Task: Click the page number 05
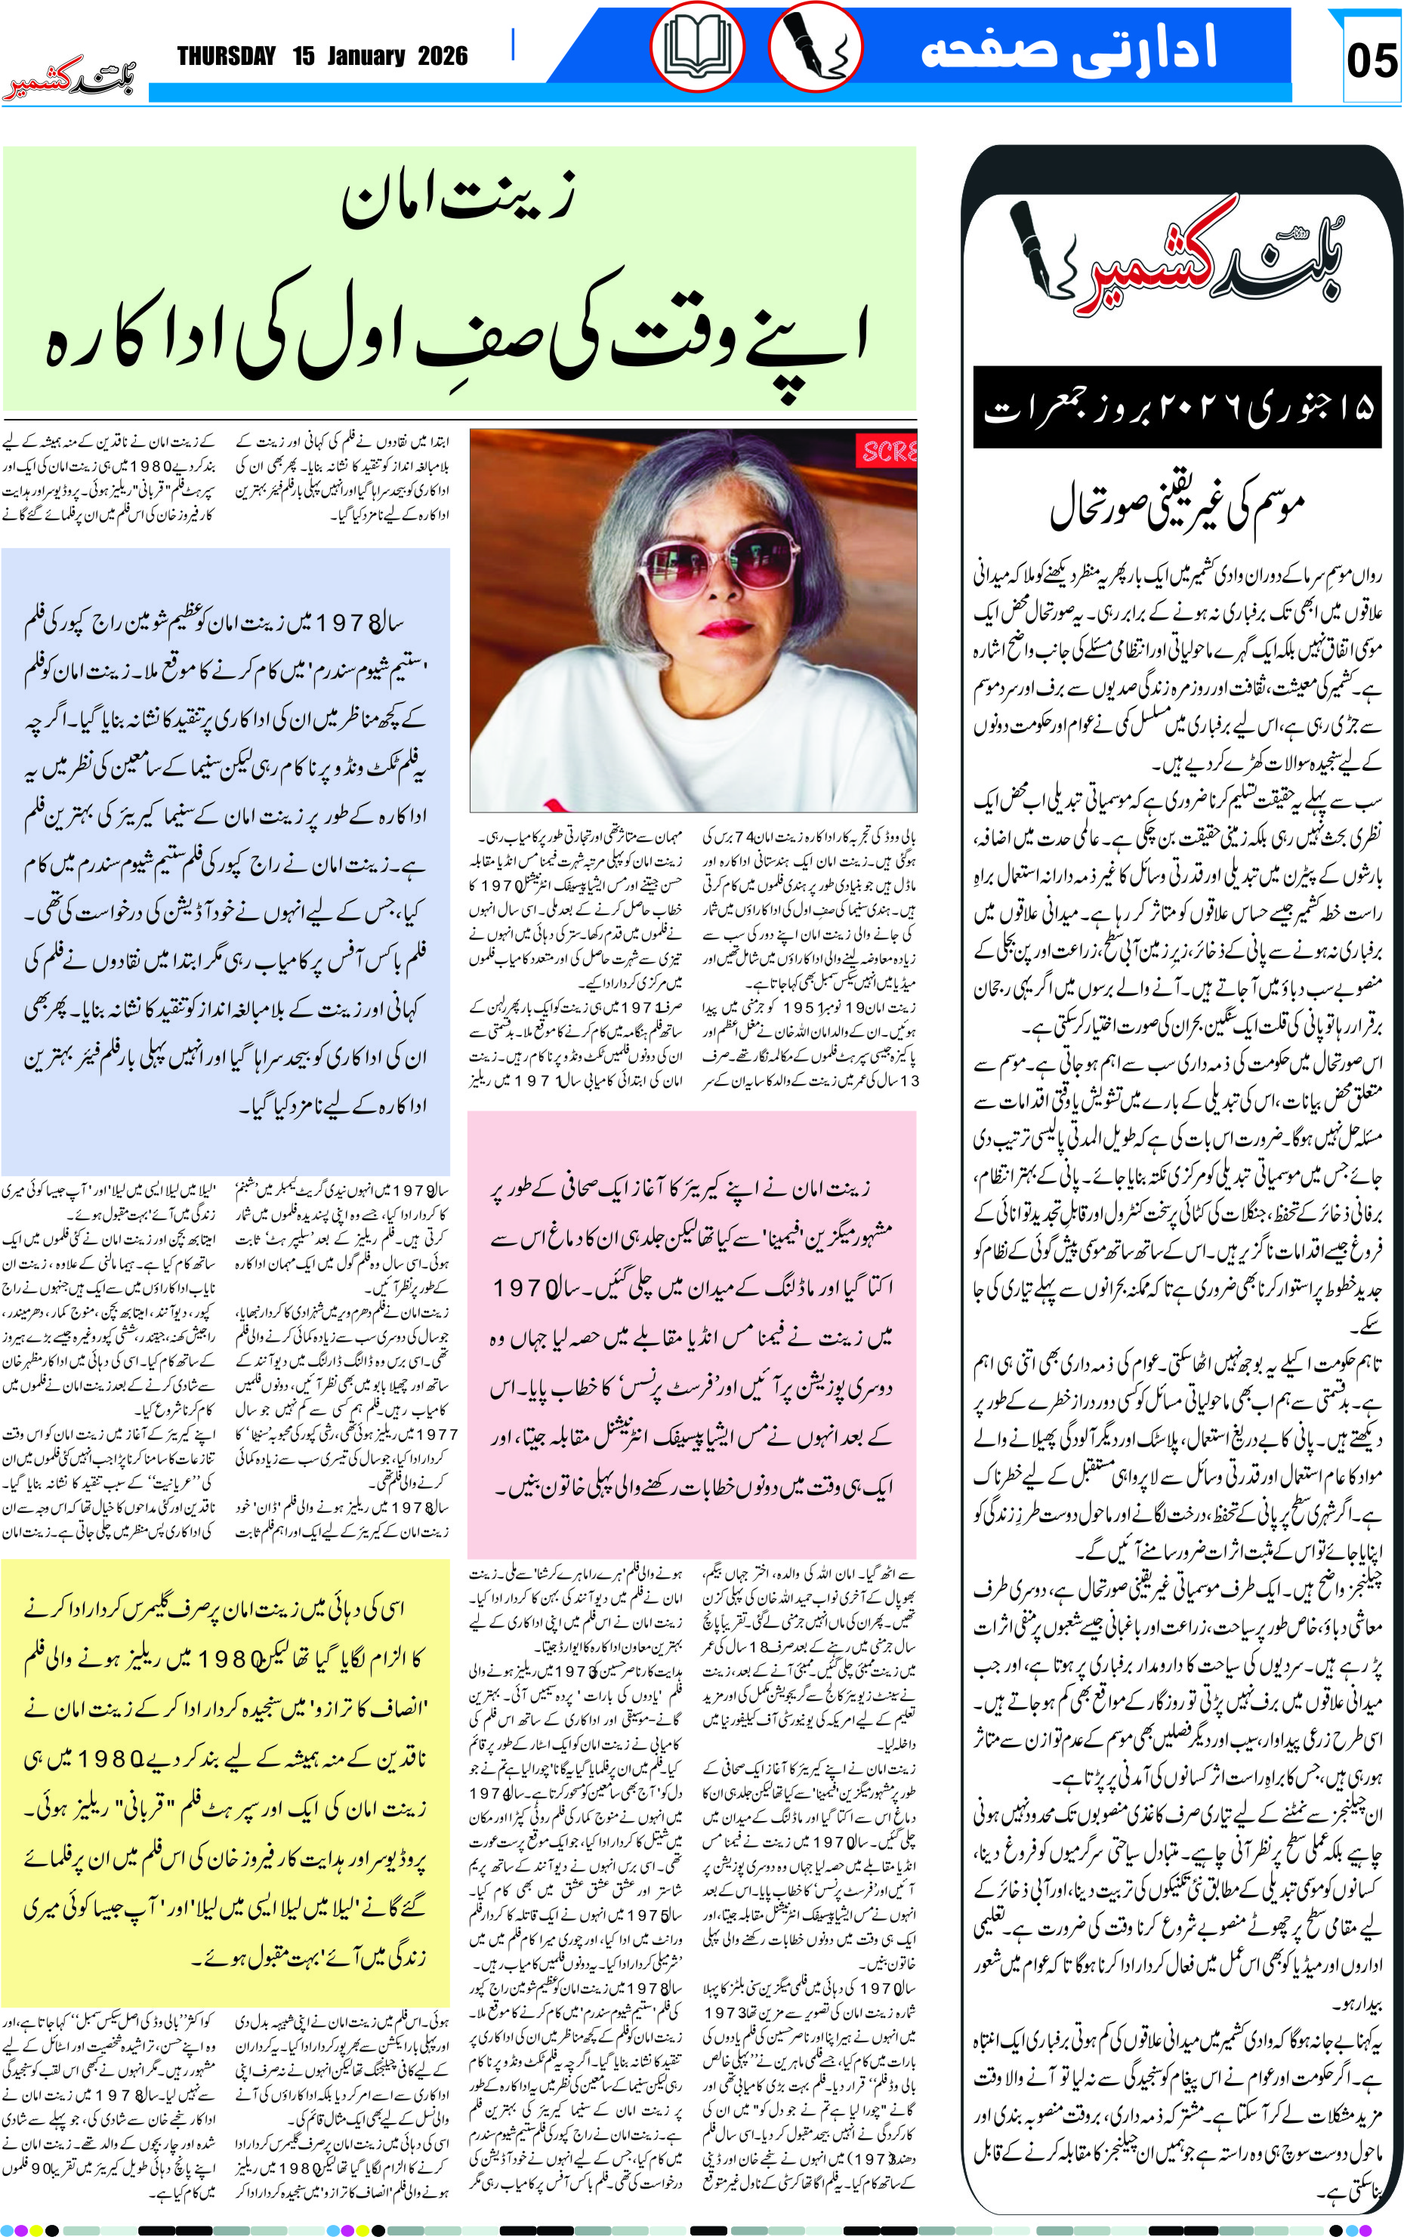[1371, 61]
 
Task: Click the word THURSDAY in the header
[227, 57]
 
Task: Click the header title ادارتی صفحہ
[1068, 48]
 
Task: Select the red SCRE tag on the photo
[889, 452]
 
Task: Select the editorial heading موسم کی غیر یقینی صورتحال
[1177, 506]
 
